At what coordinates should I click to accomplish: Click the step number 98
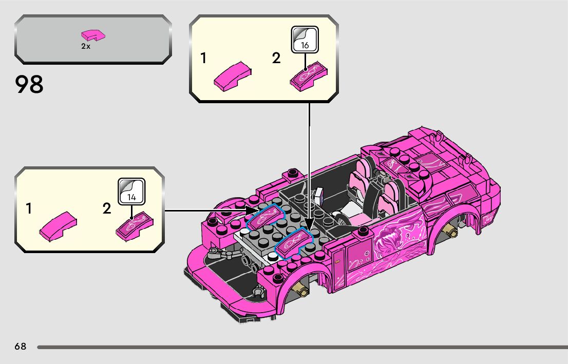pyautogui.click(x=29, y=85)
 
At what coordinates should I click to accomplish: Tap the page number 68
pyautogui.click(x=21, y=347)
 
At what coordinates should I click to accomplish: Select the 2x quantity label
pyautogui.click(x=85, y=46)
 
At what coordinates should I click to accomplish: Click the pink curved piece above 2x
pyautogui.click(x=93, y=35)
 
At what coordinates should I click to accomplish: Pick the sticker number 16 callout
pyautogui.click(x=305, y=40)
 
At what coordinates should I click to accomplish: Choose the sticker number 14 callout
pyautogui.click(x=131, y=191)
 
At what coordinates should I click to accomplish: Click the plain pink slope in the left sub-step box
pyautogui.click(x=59, y=226)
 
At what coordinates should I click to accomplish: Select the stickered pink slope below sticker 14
pyautogui.click(x=135, y=225)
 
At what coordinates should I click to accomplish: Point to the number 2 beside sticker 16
pyautogui.click(x=277, y=59)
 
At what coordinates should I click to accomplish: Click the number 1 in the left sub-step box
pyautogui.click(x=29, y=209)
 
